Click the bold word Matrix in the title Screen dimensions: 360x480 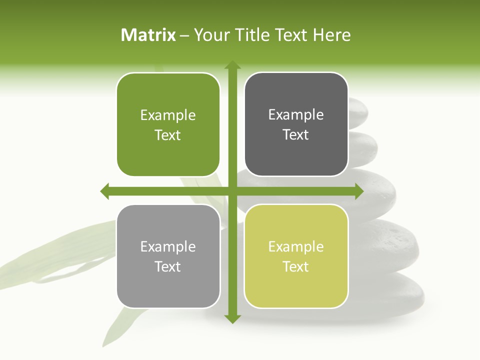pyautogui.click(x=148, y=35)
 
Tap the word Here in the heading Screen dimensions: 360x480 pyautogui.click(x=332, y=35)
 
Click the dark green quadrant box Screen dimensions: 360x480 pyautogui.click(x=168, y=125)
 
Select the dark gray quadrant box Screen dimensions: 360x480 pyautogui.click(x=296, y=124)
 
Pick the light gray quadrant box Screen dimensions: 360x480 pyautogui.click(x=168, y=256)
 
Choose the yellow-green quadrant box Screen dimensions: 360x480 pyautogui.click(x=296, y=256)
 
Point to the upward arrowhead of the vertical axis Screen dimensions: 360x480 pyautogui.click(x=232, y=65)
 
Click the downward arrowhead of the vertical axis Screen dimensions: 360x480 pyautogui.click(x=232, y=318)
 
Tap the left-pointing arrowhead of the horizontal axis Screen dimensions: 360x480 pyautogui.click(x=104, y=191)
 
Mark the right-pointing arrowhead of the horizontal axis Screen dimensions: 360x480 pyautogui.click(x=359, y=191)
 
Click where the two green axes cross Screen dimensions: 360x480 pyautogui.click(x=232, y=191)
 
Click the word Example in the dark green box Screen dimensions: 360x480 pyautogui.click(x=168, y=115)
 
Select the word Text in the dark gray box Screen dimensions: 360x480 pyautogui.click(x=296, y=135)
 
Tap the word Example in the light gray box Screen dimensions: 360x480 pyautogui.click(x=168, y=247)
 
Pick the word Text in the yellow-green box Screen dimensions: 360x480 pyautogui.click(x=296, y=266)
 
